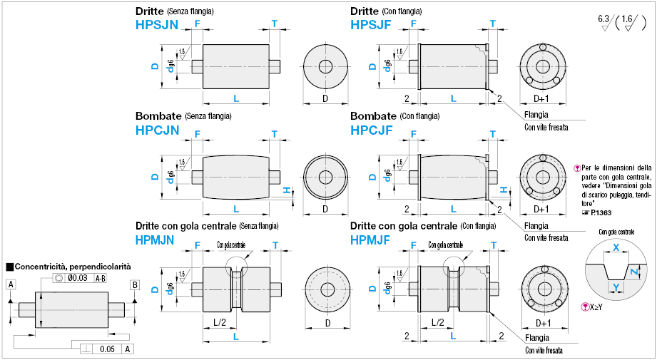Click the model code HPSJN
(x=157, y=25)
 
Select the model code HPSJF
(x=372, y=25)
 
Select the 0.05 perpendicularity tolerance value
(x=106, y=349)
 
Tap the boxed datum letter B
(x=134, y=285)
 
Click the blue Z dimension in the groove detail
(x=635, y=270)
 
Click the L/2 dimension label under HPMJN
(x=220, y=322)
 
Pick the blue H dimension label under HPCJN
(x=286, y=190)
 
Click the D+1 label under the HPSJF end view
(x=541, y=98)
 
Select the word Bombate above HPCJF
(x=374, y=115)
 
